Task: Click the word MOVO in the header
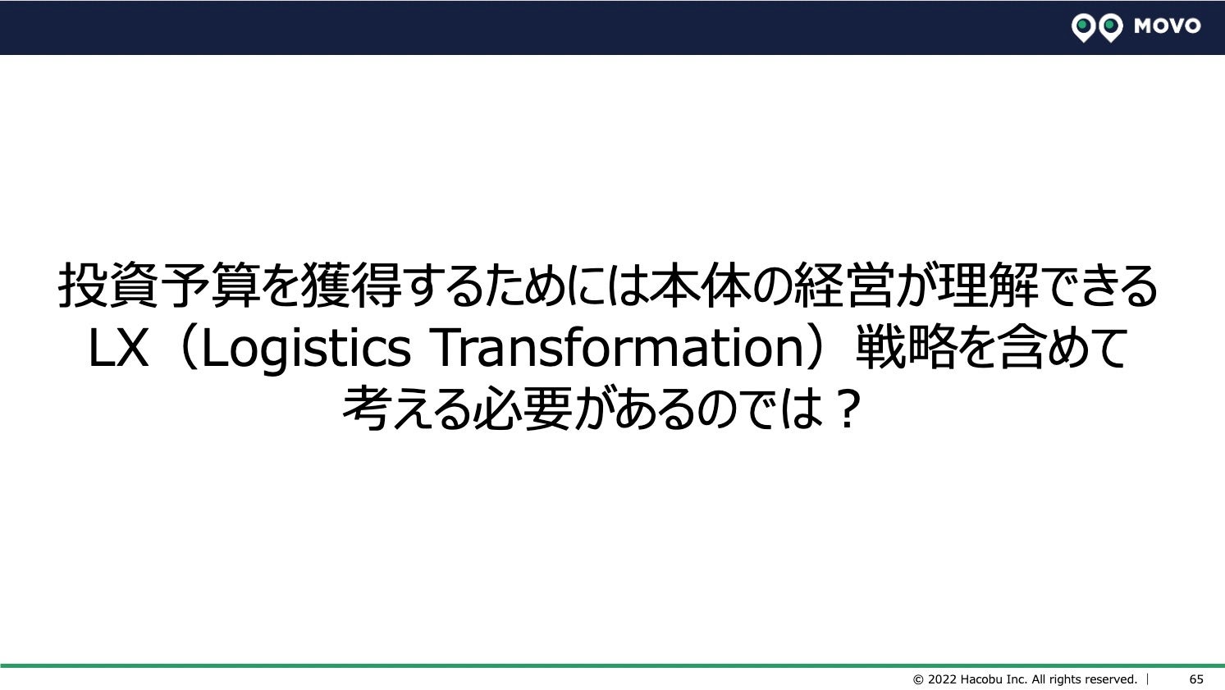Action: pyautogui.click(x=1167, y=25)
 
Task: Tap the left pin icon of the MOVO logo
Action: pyautogui.click(x=1083, y=28)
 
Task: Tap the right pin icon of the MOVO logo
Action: pyautogui.click(x=1111, y=28)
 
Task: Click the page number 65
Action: pyautogui.click(x=1196, y=679)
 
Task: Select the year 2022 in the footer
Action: pyautogui.click(x=942, y=679)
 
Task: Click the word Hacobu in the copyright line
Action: pyautogui.click(x=980, y=679)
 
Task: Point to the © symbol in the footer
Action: pyautogui.click(x=918, y=679)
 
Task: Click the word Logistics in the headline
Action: pyautogui.click(x=306, y=348)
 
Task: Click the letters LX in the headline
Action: pyautogui.click(x=118, y=348)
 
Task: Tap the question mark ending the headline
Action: pyautogui.click(x=847, y=409)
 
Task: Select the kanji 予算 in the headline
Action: pyautogui.click(x=210, y=285)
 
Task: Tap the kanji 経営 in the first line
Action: pyautogui.click(x=843, y=285)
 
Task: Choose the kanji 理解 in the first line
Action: pyautogui.click(x=988, y=285)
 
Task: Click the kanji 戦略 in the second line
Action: pyautogui.click(x=906, y=347)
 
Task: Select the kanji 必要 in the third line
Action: pyautogui.click(x=523, y=409)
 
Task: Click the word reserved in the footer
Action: pyautogui.click(x=1110, y=679)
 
